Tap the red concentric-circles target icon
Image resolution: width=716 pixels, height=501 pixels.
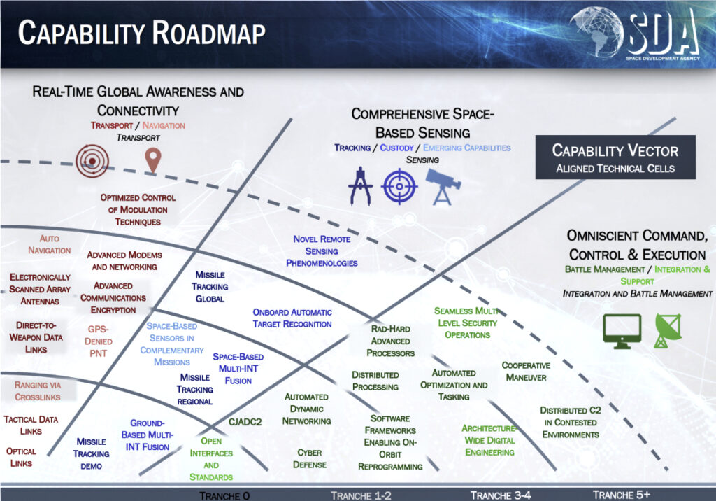(x=92, y=161)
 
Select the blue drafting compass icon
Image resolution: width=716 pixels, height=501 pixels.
(x=360, y=187)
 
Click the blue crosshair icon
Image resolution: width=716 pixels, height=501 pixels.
(x=399, y=187)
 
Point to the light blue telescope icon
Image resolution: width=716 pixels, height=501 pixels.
(x=443, y=187)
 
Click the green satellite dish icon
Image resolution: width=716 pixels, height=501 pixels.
(x=668, y=330)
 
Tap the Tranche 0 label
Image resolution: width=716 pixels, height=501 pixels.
(x=224, y=495)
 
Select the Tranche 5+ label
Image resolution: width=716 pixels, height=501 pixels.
(x=621, y=495)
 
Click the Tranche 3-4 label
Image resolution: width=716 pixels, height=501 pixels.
(x=501, y=495)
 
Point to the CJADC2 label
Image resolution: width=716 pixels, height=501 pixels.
(x=245, y=421)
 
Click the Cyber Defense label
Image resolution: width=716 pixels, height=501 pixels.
(x=310, y=458)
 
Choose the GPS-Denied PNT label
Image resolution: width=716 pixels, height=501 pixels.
(x=98, y=341)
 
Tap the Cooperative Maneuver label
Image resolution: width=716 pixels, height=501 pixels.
(x=526, y=372)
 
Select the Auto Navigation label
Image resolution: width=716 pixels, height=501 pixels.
(x=50, y=245)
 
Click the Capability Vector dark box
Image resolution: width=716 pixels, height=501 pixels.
(x=615, y=157)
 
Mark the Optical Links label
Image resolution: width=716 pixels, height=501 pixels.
(x=21, y=457)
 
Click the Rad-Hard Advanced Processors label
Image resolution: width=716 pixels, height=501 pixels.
(x=390, y=341)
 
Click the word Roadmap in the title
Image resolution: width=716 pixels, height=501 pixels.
(x=208, y=33)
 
